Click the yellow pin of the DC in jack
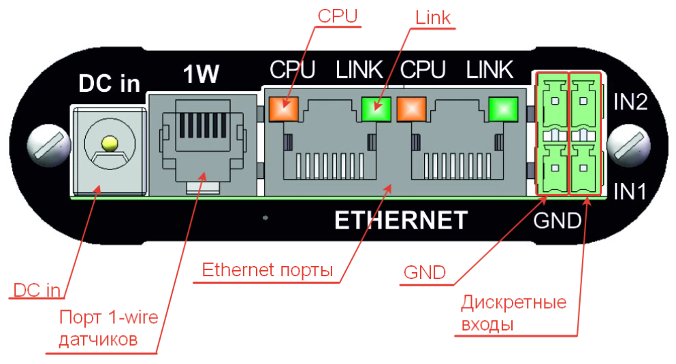click(x=108, y=144)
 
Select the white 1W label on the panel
click(x=202, y=76)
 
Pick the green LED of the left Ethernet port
click(x=375, y=107)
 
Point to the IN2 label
click(x=630, y=103)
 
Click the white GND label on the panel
click(x=557, y=220)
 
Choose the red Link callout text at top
click(x=432, y=17)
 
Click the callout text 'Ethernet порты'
click(x=267, y=269)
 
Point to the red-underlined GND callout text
click(x=424, y=274)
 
